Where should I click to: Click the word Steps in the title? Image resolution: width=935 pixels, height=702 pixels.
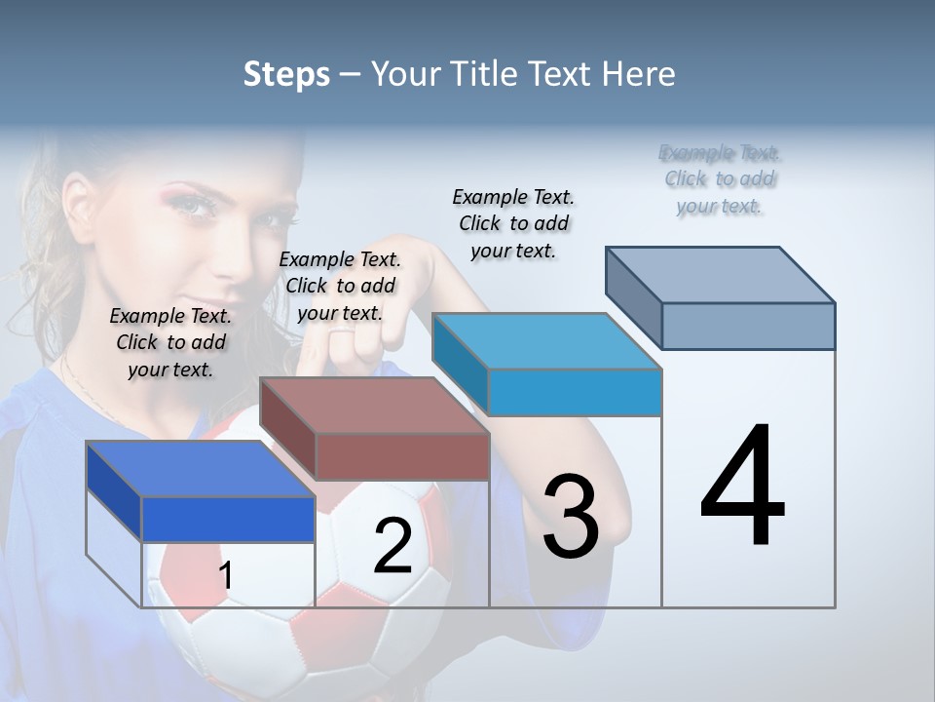(286, 74)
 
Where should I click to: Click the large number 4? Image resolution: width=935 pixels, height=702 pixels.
(743, 487)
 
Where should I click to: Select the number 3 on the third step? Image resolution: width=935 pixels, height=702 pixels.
(571, 517)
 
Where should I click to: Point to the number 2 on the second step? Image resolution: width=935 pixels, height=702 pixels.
(393, 546)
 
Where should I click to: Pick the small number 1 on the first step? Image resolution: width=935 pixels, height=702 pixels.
(226, 575)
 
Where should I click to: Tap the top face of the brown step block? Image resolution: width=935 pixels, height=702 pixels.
(375, 405)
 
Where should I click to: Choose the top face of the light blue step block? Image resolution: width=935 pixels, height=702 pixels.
(547, 341)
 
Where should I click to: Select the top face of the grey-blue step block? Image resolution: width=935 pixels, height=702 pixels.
(721, 274)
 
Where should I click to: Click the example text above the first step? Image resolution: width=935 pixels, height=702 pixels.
(170, 342)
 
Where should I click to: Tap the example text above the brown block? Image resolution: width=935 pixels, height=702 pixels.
(340, 286)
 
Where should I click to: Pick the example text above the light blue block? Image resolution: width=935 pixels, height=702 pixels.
(513, 223)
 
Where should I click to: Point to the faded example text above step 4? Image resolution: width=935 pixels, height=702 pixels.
(720, 178)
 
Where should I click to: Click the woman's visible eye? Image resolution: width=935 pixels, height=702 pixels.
(197, 206)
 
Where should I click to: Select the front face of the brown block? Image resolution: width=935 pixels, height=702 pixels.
(402, 456)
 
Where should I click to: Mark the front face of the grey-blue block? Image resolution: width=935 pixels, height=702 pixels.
(748, 326)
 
